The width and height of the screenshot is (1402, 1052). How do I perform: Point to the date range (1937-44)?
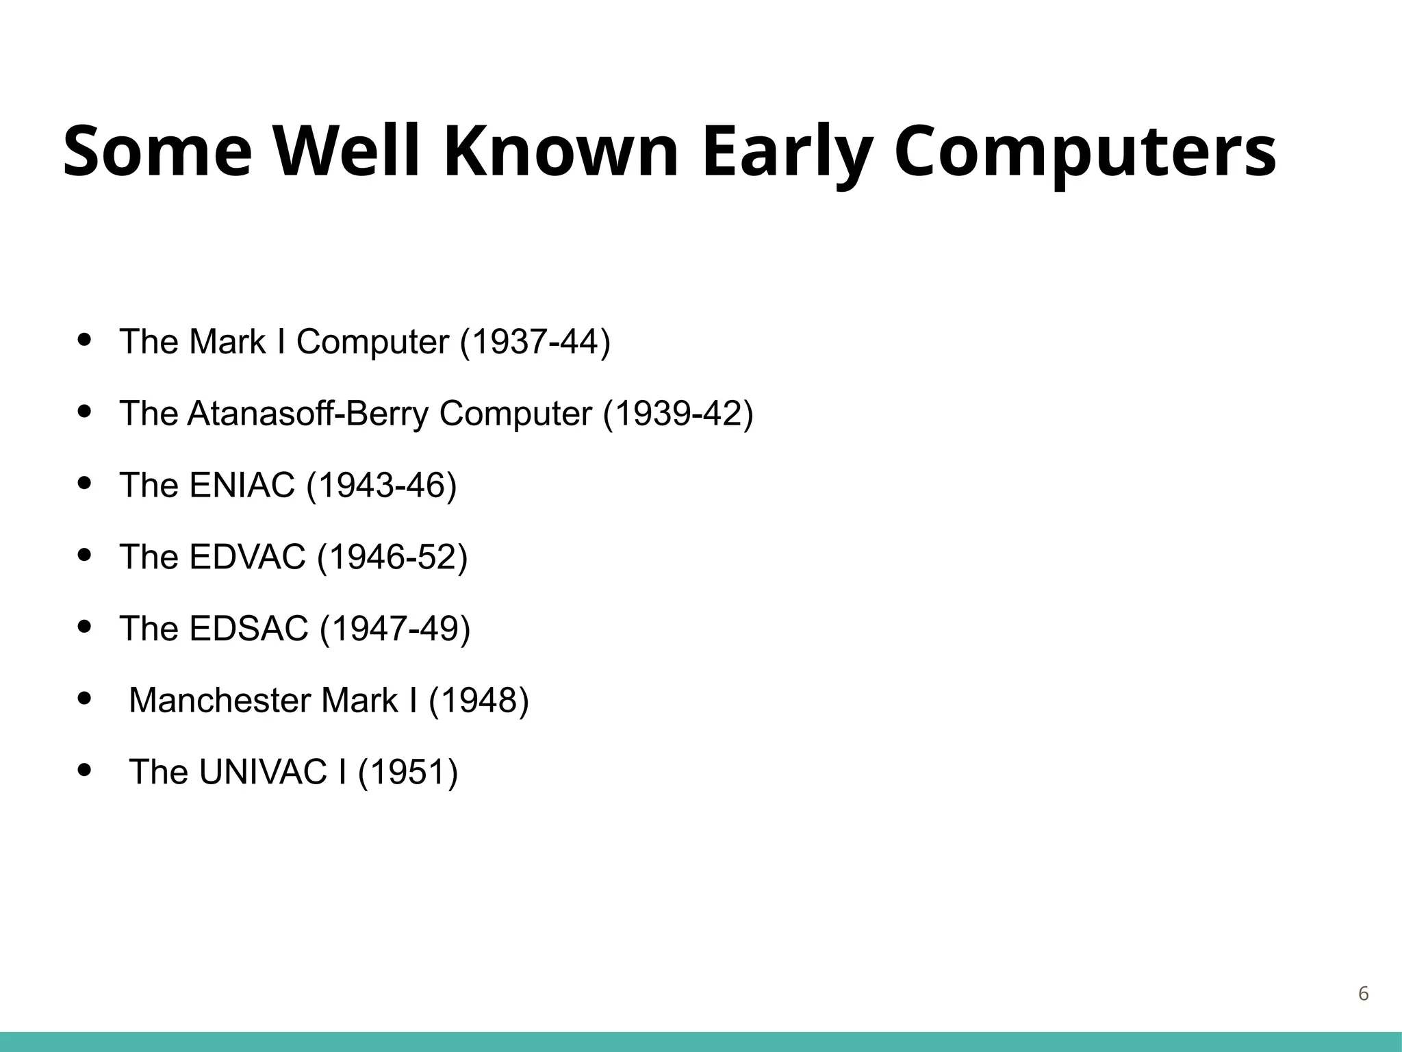535,342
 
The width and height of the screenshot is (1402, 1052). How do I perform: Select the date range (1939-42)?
678,414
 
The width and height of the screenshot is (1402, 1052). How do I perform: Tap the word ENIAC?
242,486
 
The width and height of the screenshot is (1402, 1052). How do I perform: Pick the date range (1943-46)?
381,486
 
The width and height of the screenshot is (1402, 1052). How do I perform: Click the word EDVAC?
247,557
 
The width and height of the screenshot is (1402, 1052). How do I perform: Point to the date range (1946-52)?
392,557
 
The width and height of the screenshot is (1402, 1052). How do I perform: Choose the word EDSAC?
248,629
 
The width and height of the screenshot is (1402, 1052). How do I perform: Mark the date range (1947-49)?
395,629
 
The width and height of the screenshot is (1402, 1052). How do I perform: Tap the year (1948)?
479,701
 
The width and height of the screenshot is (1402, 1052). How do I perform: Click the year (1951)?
407,772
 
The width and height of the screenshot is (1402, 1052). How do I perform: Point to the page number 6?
1363,993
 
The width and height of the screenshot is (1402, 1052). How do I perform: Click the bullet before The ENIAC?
85,483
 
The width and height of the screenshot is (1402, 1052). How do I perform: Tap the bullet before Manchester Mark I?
85,698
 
